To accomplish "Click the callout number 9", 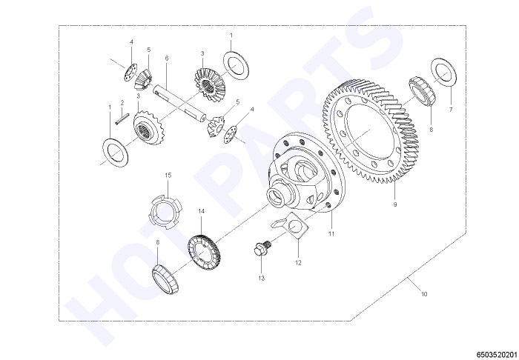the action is click(395, 204).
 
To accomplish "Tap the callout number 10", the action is click(424, 294).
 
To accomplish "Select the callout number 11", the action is click(331, 234).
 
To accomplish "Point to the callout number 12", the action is click(298, 263).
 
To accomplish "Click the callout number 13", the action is click(262, 279).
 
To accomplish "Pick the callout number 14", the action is click(201, 211).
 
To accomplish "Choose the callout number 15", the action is click(168, 175).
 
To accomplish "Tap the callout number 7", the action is click(451, 110).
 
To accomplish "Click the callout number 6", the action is click(167, 59).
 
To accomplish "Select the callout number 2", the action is click(122, 102).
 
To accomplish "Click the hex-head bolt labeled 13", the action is click(262, 248).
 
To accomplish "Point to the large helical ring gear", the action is click(370, 131).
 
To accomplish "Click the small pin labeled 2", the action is click(122, 119).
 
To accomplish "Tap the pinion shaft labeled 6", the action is click(179, 103).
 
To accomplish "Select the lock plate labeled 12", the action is click(291, 226).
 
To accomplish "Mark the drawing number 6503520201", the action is click(497, 354).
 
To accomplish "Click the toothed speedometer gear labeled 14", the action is click(204, 252).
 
